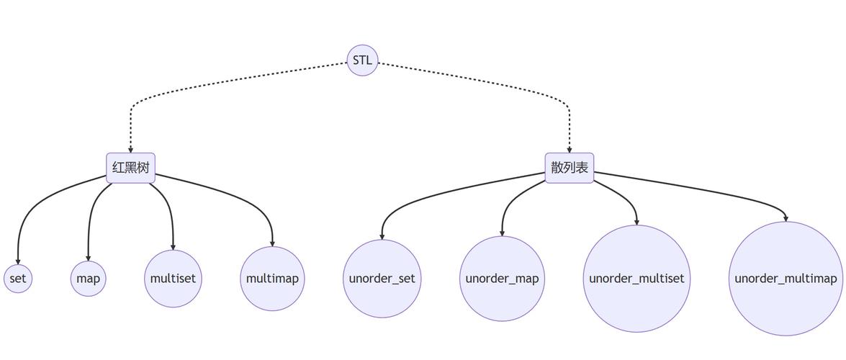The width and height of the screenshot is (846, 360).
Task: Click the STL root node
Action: pos(362,60)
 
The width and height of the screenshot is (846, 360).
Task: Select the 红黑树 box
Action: pos(131,168)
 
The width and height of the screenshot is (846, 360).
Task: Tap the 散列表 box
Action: pos(570,168)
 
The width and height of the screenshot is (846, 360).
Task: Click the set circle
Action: pos(18,279)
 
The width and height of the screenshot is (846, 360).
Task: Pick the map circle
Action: pos(89,279)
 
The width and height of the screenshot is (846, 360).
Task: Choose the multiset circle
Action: pos(173,279)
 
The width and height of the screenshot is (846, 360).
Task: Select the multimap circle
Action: pos(272,279)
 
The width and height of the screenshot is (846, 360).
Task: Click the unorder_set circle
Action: pos(382,279)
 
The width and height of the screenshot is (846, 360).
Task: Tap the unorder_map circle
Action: pos(502,279)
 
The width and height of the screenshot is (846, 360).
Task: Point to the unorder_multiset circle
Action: pos(636,279)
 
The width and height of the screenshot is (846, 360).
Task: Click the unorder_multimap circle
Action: pos(786,279)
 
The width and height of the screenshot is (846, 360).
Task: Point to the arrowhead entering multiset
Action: pos(173,246)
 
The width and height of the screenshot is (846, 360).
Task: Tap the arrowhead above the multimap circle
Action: pos(272,243)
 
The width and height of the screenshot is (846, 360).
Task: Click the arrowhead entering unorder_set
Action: pos(382,235)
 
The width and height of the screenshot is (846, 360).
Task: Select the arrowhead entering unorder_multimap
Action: pos(786,217)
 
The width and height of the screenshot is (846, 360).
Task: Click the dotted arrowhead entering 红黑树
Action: pos(131,149)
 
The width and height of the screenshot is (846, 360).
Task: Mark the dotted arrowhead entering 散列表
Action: pos(570,149)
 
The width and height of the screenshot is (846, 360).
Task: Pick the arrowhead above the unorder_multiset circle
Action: pos(636,221)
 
